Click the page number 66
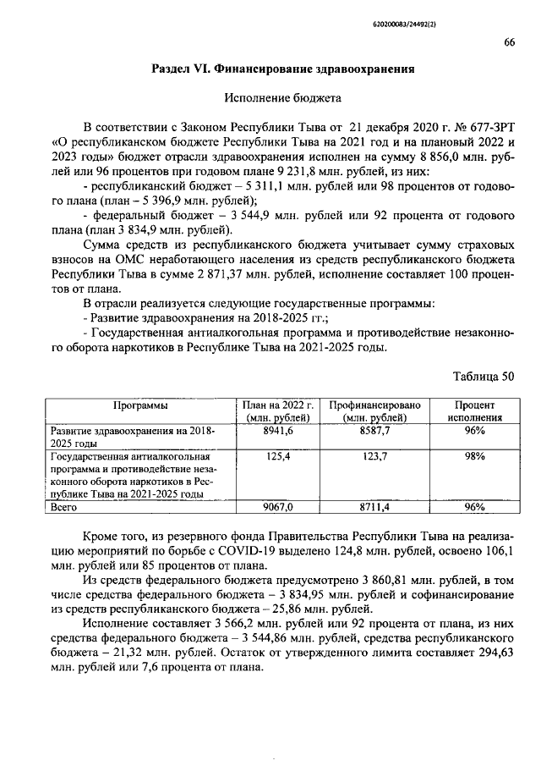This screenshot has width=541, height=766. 509,43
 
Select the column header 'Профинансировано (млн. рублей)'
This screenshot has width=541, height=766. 374,411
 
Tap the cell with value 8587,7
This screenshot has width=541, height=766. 374,431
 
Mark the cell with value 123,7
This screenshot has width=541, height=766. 374,456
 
